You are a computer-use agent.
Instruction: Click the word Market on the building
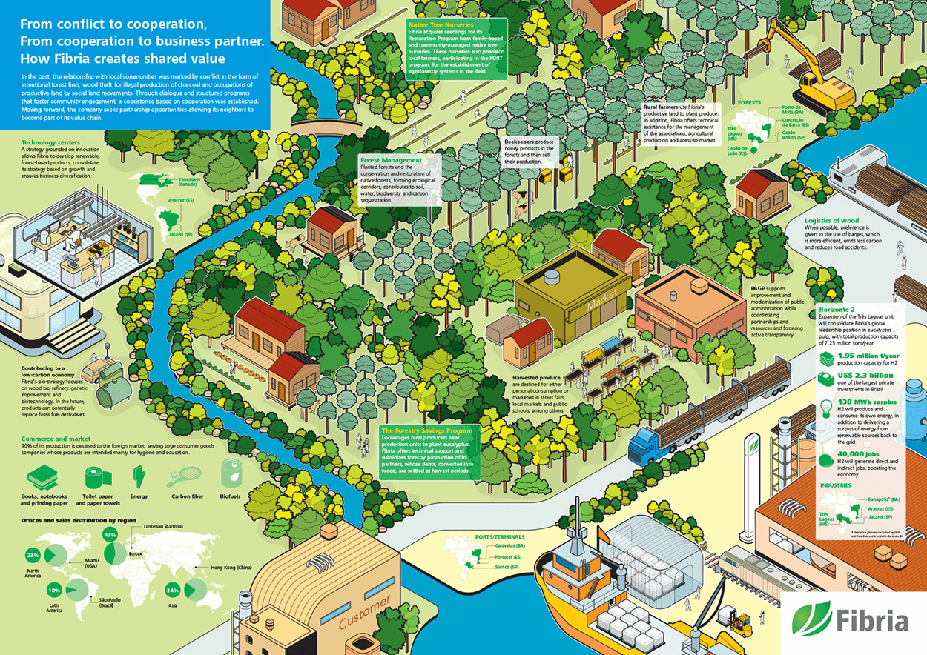click(x=601, y=303)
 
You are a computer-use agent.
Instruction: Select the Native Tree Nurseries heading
click(x=441, y=24)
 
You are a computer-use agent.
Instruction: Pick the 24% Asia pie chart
click(x=195, y=590)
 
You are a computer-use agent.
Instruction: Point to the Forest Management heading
click(x=391, y=159)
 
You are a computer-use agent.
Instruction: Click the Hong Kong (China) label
click(x=231, y=568)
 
